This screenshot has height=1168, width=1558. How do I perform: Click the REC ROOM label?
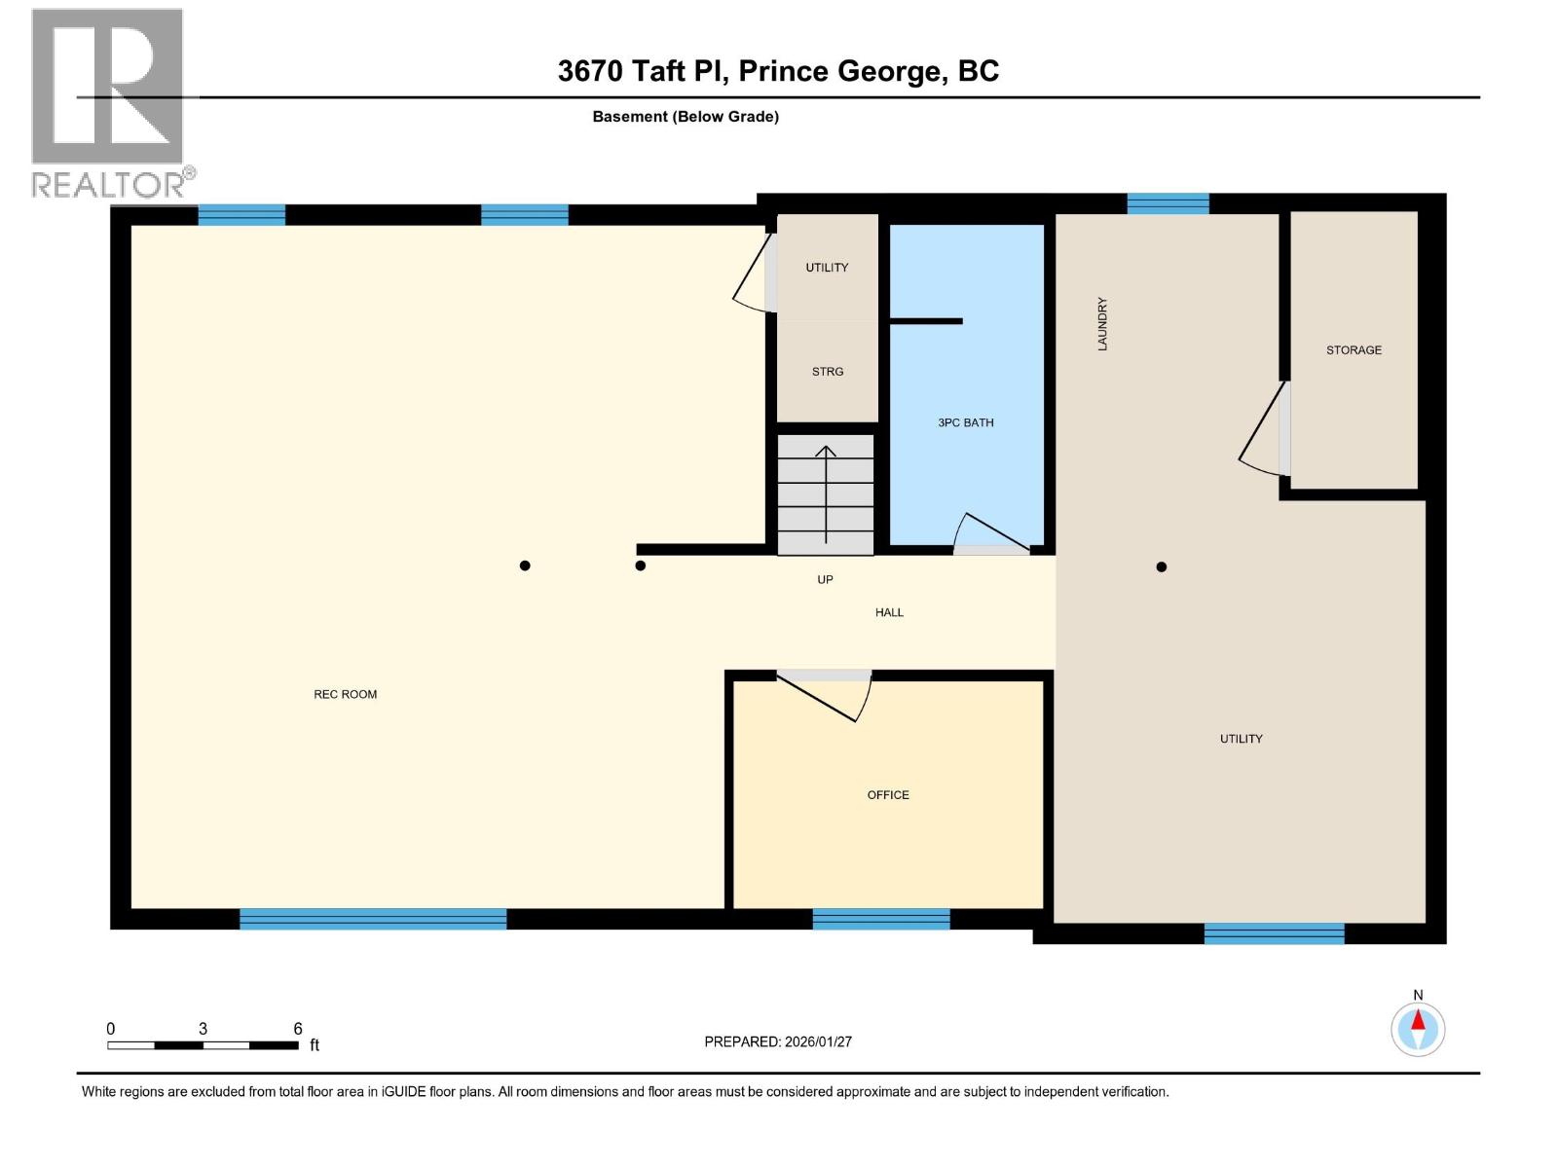[345, 694]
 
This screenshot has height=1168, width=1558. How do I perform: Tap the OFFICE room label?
[888, 795]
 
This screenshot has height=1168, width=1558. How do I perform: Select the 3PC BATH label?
[966, 422]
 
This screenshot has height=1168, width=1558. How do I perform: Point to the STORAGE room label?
[1354, 349]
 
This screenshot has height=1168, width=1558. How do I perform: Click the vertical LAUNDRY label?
[1102, 324]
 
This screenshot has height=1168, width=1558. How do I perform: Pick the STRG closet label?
[828, 371]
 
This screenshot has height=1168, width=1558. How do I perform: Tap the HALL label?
[889, 612]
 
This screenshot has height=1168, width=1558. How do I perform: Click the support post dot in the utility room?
[1161, 566]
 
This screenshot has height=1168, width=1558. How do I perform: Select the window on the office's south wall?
[880, 919]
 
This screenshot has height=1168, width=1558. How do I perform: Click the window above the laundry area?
[1168, 203]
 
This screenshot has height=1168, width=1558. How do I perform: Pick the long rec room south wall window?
[373, 919]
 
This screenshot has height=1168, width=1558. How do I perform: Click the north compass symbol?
[1418, 1028]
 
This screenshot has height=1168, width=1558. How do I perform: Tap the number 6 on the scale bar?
[298, 1029]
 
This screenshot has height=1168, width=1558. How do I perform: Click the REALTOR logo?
[109, 102]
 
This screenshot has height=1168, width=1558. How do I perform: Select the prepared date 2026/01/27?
[817, 1041]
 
